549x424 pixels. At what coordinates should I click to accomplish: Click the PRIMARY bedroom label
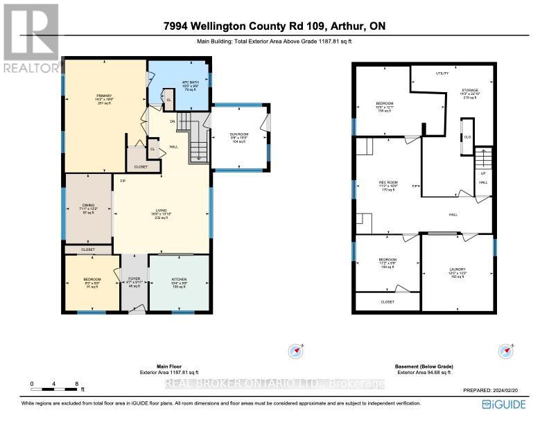pos(105,95)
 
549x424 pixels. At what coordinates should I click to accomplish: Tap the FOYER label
pos(134,279)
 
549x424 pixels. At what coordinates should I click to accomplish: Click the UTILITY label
pos(442,73)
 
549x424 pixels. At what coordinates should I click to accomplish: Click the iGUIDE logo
pos(509,404)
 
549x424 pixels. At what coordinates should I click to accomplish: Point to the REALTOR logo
pos(29,38)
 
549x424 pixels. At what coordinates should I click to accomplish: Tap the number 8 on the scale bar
pos(76,383)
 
